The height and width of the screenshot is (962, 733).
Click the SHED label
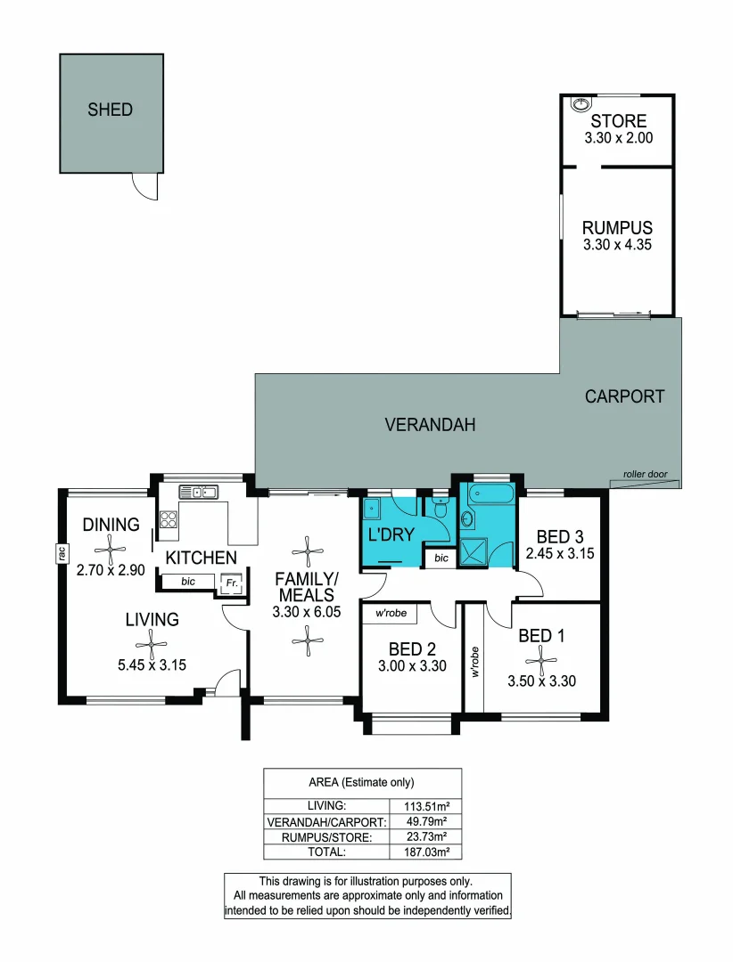(x=110, y=110)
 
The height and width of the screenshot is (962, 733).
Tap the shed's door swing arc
(x=141, y=192)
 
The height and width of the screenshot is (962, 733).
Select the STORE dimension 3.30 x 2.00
(x=618, y=138)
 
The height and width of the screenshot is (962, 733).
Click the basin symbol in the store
(x=580, y=104)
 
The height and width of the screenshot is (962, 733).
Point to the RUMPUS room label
(x=617, y=228)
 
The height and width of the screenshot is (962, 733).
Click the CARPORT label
(x=624, y=396)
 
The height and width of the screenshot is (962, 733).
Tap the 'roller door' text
(x=645, y=474)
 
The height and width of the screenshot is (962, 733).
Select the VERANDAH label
(x=430, y=425)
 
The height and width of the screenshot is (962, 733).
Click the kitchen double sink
(x=198, y=492)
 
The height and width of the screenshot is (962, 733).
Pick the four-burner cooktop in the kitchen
(x=169, y=519)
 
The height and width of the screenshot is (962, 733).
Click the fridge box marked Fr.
(x=232, y=583)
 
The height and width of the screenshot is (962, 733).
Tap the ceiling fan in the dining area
(x=111, y=549)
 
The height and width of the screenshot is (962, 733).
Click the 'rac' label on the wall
(x=62, y=553)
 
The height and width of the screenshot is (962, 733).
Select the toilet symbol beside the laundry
(x=440, y=509)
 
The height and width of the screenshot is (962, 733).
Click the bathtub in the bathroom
(x=490, y=493)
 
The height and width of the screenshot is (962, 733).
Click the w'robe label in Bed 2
(x=391, y=613)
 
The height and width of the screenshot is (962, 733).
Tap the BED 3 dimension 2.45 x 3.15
(x=560, y=553)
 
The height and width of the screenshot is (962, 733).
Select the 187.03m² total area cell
(x=426, y=852)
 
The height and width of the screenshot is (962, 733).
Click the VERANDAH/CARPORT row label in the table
(x=327, y=822)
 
